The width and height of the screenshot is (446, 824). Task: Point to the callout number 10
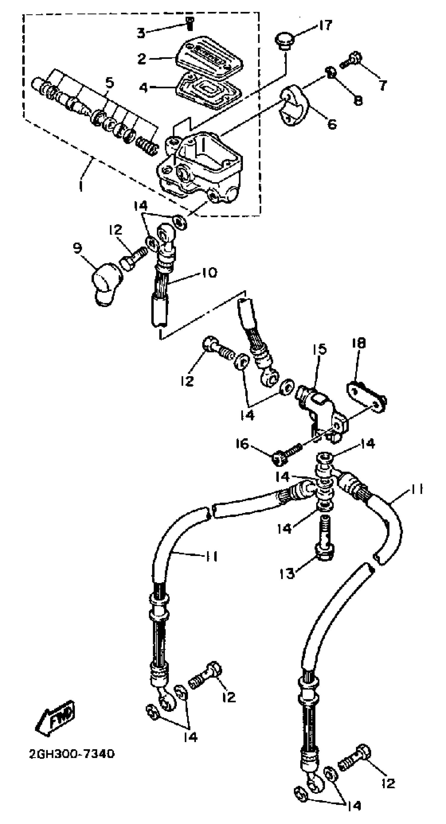209,273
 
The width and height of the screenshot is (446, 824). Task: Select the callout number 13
286,574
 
